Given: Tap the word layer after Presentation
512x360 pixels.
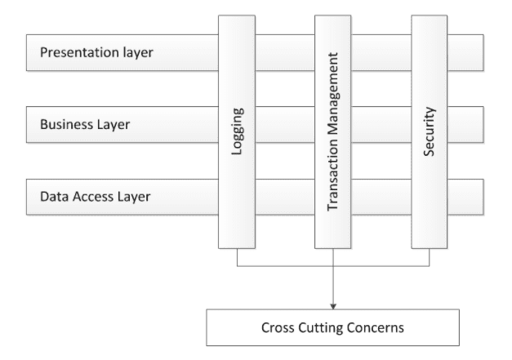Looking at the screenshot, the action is point(138,53).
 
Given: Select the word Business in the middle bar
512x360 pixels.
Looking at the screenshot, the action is point(67,124).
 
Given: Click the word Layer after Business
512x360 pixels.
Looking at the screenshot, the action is point(114,125).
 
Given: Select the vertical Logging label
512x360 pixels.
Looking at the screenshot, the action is point(238,131).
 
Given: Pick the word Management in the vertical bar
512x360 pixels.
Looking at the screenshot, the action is point(333,94).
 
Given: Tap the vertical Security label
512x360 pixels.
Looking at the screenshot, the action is point(430,131).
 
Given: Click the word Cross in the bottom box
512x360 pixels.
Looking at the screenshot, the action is point(278,327).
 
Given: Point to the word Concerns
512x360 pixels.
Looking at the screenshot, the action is point(376,327).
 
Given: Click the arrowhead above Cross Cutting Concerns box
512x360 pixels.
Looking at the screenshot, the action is point(333,306).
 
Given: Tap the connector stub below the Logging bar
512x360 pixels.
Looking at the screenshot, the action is point(237,257).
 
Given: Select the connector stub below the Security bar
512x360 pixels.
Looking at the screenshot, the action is point(429,257).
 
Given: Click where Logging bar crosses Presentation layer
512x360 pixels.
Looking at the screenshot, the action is point(237,52).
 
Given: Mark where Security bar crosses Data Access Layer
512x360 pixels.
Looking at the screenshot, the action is point(429,197).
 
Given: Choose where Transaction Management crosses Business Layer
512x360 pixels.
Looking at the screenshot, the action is point(332,124).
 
